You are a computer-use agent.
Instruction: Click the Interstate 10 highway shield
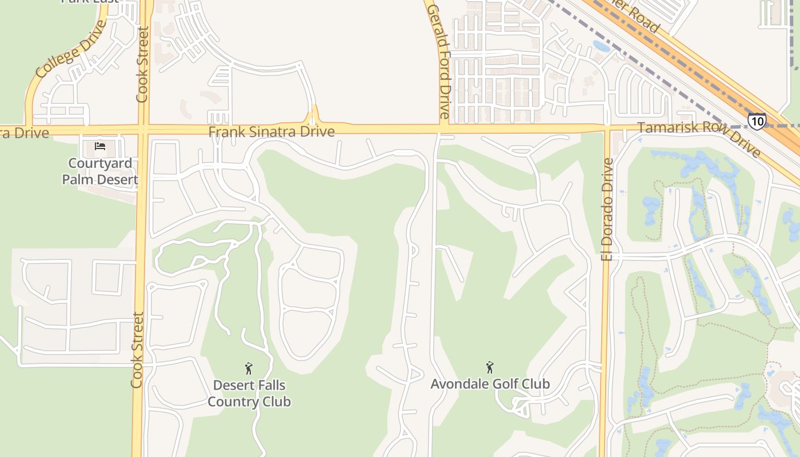tap(757, 121)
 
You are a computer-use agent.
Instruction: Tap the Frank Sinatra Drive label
tap(271, 132)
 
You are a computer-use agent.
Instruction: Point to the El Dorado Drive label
tap(607, 209)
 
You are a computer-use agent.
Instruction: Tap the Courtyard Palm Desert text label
tap(100, 171)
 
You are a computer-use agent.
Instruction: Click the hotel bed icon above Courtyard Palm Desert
tap(100, 146)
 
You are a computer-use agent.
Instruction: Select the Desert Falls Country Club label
tap(249, 394)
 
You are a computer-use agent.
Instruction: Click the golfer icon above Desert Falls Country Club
tap(249, 368)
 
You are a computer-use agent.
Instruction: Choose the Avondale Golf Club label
tap(490, 384)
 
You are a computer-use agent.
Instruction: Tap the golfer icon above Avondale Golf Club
tap(490, 367)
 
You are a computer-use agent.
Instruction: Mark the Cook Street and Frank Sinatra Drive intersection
tap(142, 130)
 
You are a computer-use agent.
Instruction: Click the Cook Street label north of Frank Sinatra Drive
tap(142, 65)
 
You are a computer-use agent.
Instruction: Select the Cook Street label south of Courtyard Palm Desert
tap(137, 350)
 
